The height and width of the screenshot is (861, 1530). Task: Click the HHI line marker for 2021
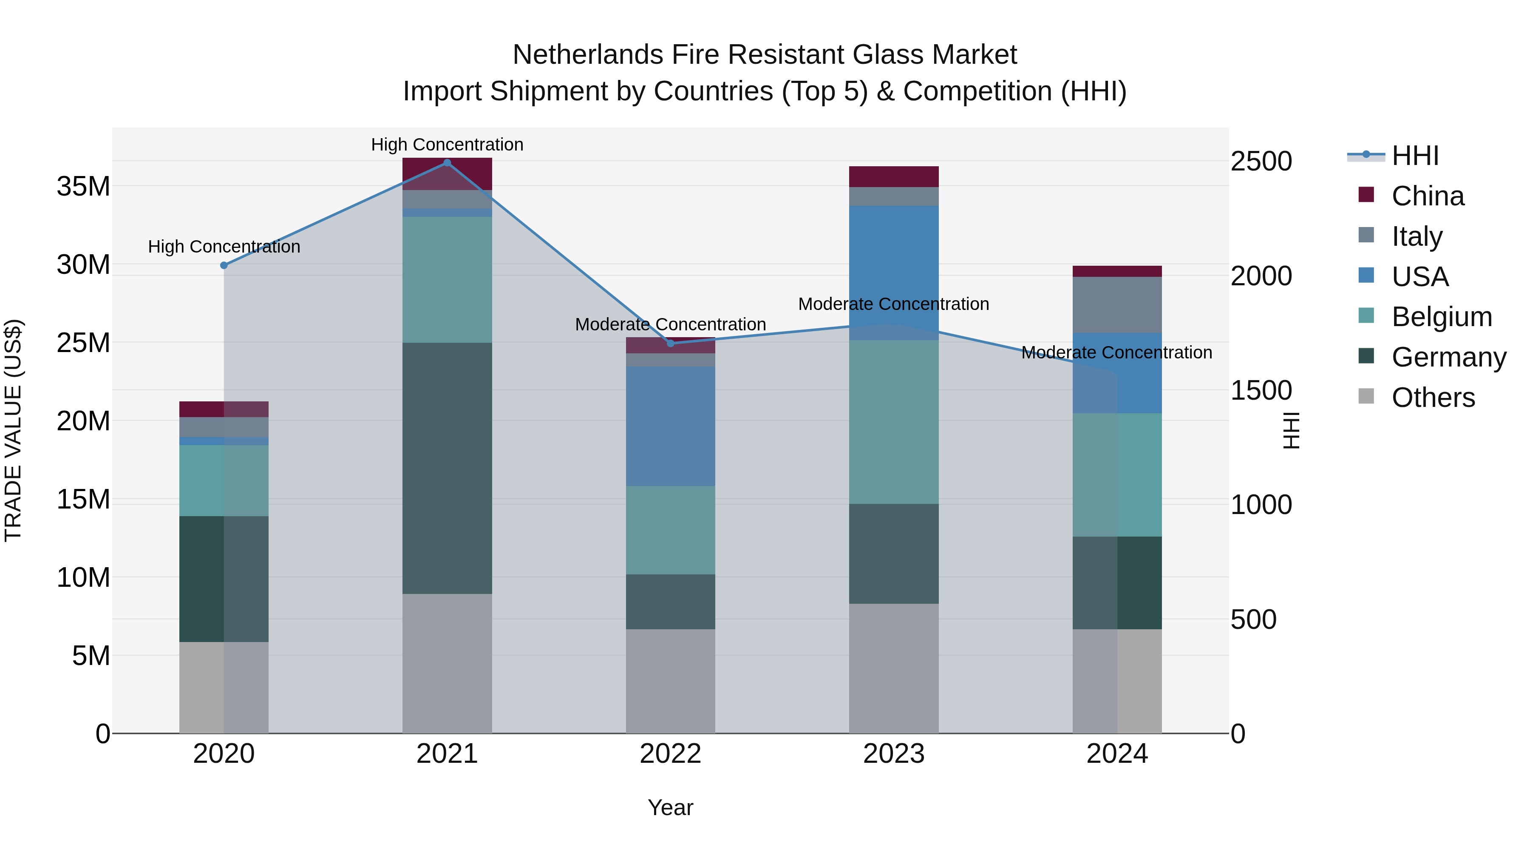click(447, 163)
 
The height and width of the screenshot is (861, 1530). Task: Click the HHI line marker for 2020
click(224, 266)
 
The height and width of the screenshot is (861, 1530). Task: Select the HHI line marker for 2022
click(671, 344)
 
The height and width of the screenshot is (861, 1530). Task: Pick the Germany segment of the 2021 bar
click(447, 468)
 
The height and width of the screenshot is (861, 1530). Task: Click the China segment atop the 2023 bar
click(893, 176)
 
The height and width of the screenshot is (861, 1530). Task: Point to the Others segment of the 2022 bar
click(671, 681)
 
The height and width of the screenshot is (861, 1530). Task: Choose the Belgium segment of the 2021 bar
click(447, 279)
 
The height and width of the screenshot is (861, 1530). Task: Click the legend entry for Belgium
click(1442, 317)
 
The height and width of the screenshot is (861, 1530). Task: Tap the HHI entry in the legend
click(1415, 156)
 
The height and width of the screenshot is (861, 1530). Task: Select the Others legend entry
click(1433, 398)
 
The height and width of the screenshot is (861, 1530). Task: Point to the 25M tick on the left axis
click(83, 343)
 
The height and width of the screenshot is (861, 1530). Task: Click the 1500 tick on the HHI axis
click(1261, 390)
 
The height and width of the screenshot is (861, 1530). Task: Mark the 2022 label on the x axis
click(671, 754)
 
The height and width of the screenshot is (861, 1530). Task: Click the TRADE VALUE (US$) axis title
click(13, 430)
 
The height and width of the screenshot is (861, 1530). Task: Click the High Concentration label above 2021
click(447, 145)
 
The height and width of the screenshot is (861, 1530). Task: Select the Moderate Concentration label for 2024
click(1116, 352)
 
